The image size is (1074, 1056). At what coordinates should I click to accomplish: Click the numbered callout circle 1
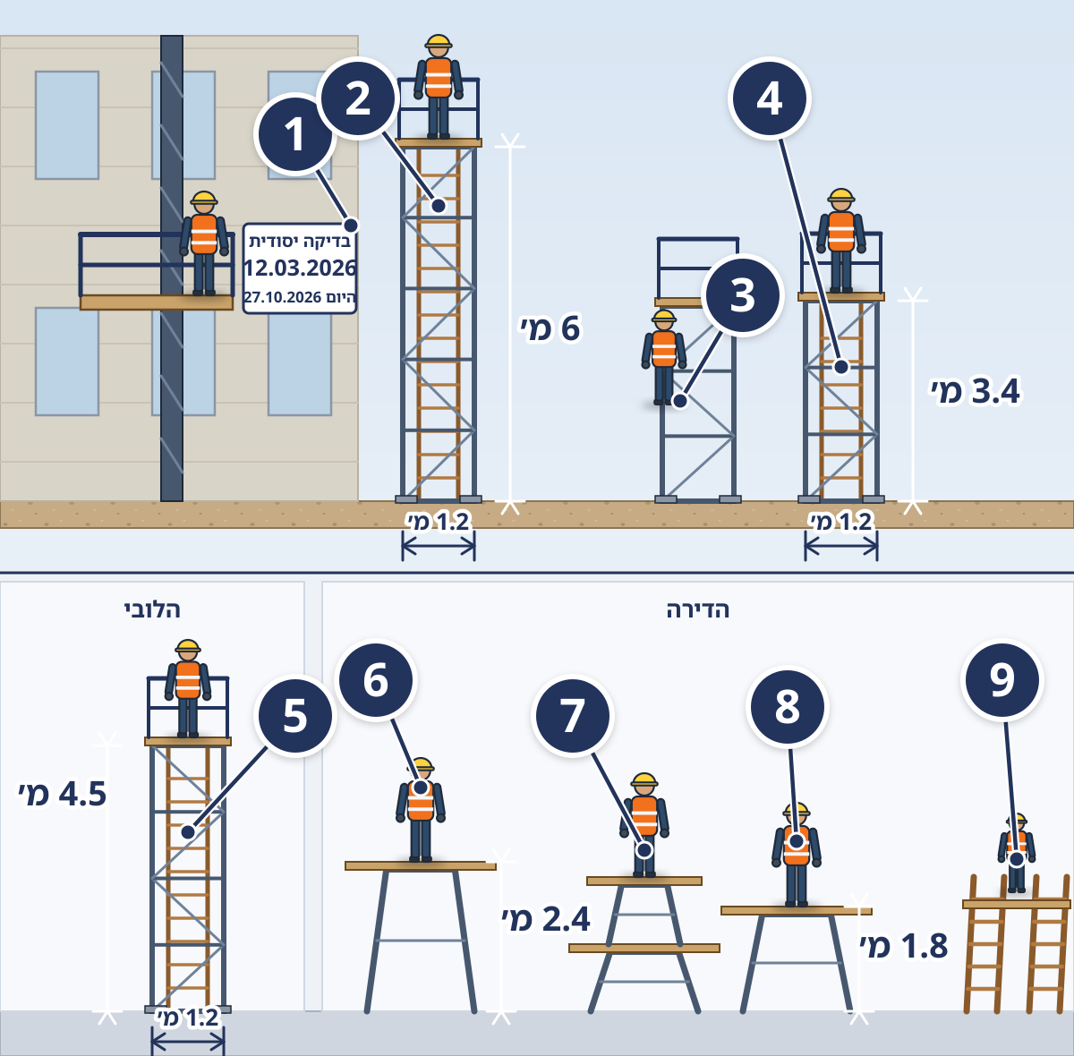point(294,134)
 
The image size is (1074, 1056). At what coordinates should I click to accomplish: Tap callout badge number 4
point(769,98)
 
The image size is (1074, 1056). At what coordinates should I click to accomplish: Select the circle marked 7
point(573,716)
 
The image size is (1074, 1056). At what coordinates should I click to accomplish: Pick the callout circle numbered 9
point(1002,680)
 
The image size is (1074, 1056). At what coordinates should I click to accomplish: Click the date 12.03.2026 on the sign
point(300,268)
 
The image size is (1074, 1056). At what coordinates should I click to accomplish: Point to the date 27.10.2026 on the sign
point(283,297)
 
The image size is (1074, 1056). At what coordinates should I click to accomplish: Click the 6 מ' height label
point(550,328)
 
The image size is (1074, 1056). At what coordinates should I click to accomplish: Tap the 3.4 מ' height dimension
point(976,391)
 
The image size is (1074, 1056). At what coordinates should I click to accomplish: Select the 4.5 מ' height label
point(63,794)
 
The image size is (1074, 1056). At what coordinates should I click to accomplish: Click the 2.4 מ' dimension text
point(546,919)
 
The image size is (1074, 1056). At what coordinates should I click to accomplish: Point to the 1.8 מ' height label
point(903,946)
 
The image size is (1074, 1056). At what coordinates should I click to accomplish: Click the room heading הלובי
point(152,609)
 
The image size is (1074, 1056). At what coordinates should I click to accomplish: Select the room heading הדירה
point(698,609)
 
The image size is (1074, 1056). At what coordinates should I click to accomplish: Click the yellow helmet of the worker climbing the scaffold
point(664,316)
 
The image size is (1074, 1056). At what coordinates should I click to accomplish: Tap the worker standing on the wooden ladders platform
point(1016,853)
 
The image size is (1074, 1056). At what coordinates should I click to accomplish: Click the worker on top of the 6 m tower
point(438,87)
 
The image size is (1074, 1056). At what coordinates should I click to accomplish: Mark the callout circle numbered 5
point(294,716)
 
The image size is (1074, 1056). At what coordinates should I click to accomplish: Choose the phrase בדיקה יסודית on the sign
point(300,241)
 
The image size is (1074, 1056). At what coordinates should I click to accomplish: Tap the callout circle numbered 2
point(358,98)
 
